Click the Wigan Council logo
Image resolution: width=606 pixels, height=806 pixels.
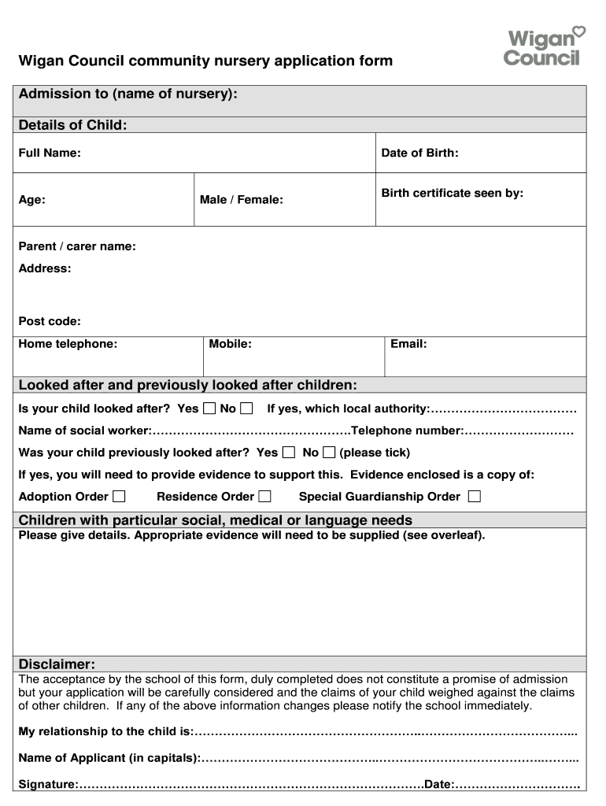pos(544,46)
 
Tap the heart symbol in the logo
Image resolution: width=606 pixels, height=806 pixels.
pos(578,32)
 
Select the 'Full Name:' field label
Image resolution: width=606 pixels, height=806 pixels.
pos(50,153)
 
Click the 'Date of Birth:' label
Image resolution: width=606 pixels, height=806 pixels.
pos(419,153)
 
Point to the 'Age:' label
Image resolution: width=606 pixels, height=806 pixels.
pos(31,200)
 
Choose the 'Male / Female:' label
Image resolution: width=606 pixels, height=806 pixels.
pos(241,200)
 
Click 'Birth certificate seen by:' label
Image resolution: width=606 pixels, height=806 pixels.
pos(452,193)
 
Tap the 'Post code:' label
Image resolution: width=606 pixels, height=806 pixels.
pos(50,321)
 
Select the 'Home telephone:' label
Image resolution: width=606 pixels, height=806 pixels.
pos(68,344)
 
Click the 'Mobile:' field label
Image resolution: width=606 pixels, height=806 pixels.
pos(231,344)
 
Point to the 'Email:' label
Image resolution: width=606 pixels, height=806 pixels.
pos(408,344)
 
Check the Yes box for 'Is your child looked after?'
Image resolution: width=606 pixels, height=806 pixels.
pos(209,409)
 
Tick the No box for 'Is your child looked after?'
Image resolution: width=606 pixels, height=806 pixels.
pos(246,409)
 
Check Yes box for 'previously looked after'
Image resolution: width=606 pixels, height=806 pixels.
pos(289,453)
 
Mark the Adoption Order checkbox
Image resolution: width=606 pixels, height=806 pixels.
pos(118,496)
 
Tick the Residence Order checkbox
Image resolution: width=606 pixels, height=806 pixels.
pos(264,496)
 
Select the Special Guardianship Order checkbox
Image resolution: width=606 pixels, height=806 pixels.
pos(474,496)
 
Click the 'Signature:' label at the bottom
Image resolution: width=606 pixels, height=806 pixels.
pos(47,785)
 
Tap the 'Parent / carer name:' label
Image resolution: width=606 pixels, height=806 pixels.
pos(77,246)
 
